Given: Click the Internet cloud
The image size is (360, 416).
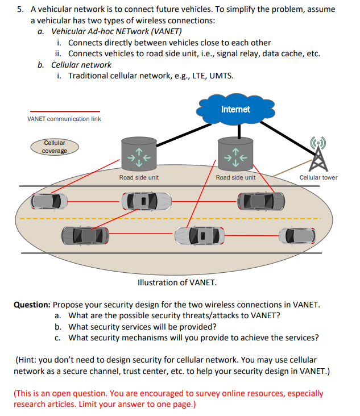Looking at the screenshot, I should pyautogui.click(x=235, y=110).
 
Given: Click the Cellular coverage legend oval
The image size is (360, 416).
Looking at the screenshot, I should pyautogui.click(x=55, y=147).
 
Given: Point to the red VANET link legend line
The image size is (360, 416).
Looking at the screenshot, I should pyautogui.click(x=64, y=111).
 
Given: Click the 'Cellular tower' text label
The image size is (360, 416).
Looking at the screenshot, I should pyautogui.click(x=318, y=177).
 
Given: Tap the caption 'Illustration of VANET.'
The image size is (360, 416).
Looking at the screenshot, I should pyautogui.click(x=177, y=282).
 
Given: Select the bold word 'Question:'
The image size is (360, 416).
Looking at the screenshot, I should pyautogui.click(x=32, y=305).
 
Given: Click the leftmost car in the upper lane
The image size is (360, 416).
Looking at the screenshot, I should pyautogui.click(x=49, y=201).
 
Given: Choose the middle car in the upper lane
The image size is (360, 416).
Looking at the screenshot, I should pyautogui.click(x=146, y=201).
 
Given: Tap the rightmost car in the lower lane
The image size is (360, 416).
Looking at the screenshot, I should pyautogui.click(x=295, y=234).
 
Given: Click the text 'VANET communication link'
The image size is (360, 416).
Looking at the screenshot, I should pyautogui.click(x=64, y=119).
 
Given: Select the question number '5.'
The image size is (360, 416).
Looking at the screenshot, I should pyautogui.click(x=20, y=10).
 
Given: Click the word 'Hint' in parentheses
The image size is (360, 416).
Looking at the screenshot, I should pyautogui.click(x=27, y=360).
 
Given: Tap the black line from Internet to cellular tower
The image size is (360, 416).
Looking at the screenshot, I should pyautogui.click(x=290, y=131).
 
